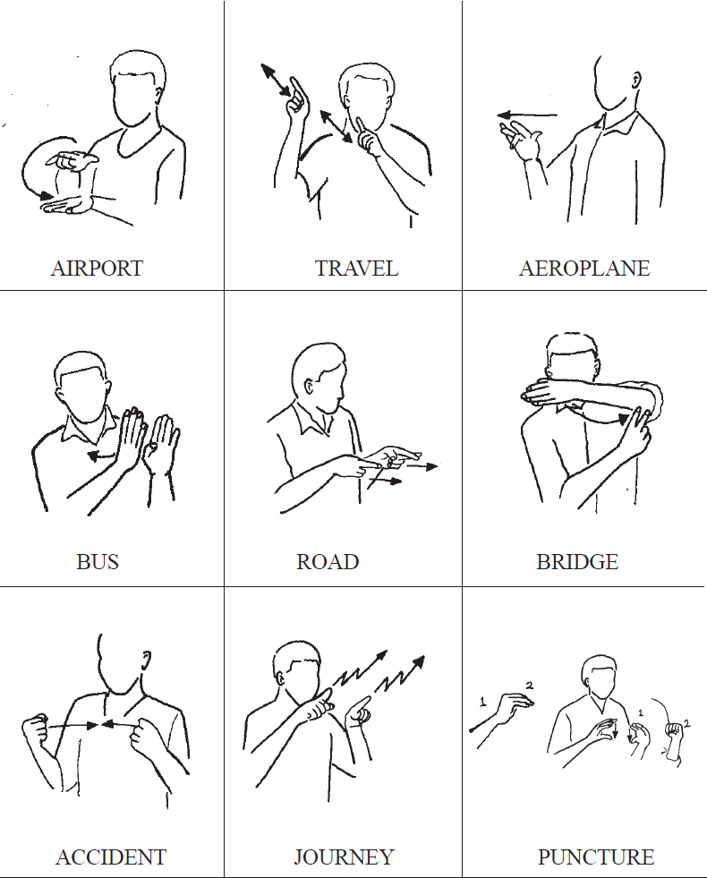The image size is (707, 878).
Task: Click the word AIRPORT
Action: [x=97, y=269]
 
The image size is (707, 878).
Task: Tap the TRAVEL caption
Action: [x=356, y=269]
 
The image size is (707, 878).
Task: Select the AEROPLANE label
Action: [x=584, y=269]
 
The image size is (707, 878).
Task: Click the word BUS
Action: [x=98, y=562]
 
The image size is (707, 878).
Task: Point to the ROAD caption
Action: [x=328, y=562]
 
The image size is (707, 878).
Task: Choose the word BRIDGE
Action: [x=577, y=562]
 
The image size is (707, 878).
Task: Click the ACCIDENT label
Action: [x=111, y=857]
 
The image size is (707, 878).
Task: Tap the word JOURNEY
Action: [x=344, y=857]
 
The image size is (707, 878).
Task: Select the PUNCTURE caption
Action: [x=596, y=857]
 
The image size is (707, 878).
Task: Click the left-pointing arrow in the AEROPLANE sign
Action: [x=527, y=116]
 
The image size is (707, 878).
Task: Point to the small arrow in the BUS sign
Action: [x=102, y=456]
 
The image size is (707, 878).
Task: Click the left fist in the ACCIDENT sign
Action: [x=35, y=729]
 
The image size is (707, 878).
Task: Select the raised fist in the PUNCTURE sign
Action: [x=675, y=730]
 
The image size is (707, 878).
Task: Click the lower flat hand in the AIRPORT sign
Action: [x=67, y=205]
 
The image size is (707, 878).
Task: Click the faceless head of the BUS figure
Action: [x=83, y=387]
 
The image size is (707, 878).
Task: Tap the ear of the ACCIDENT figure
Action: [x=146, y=660]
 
